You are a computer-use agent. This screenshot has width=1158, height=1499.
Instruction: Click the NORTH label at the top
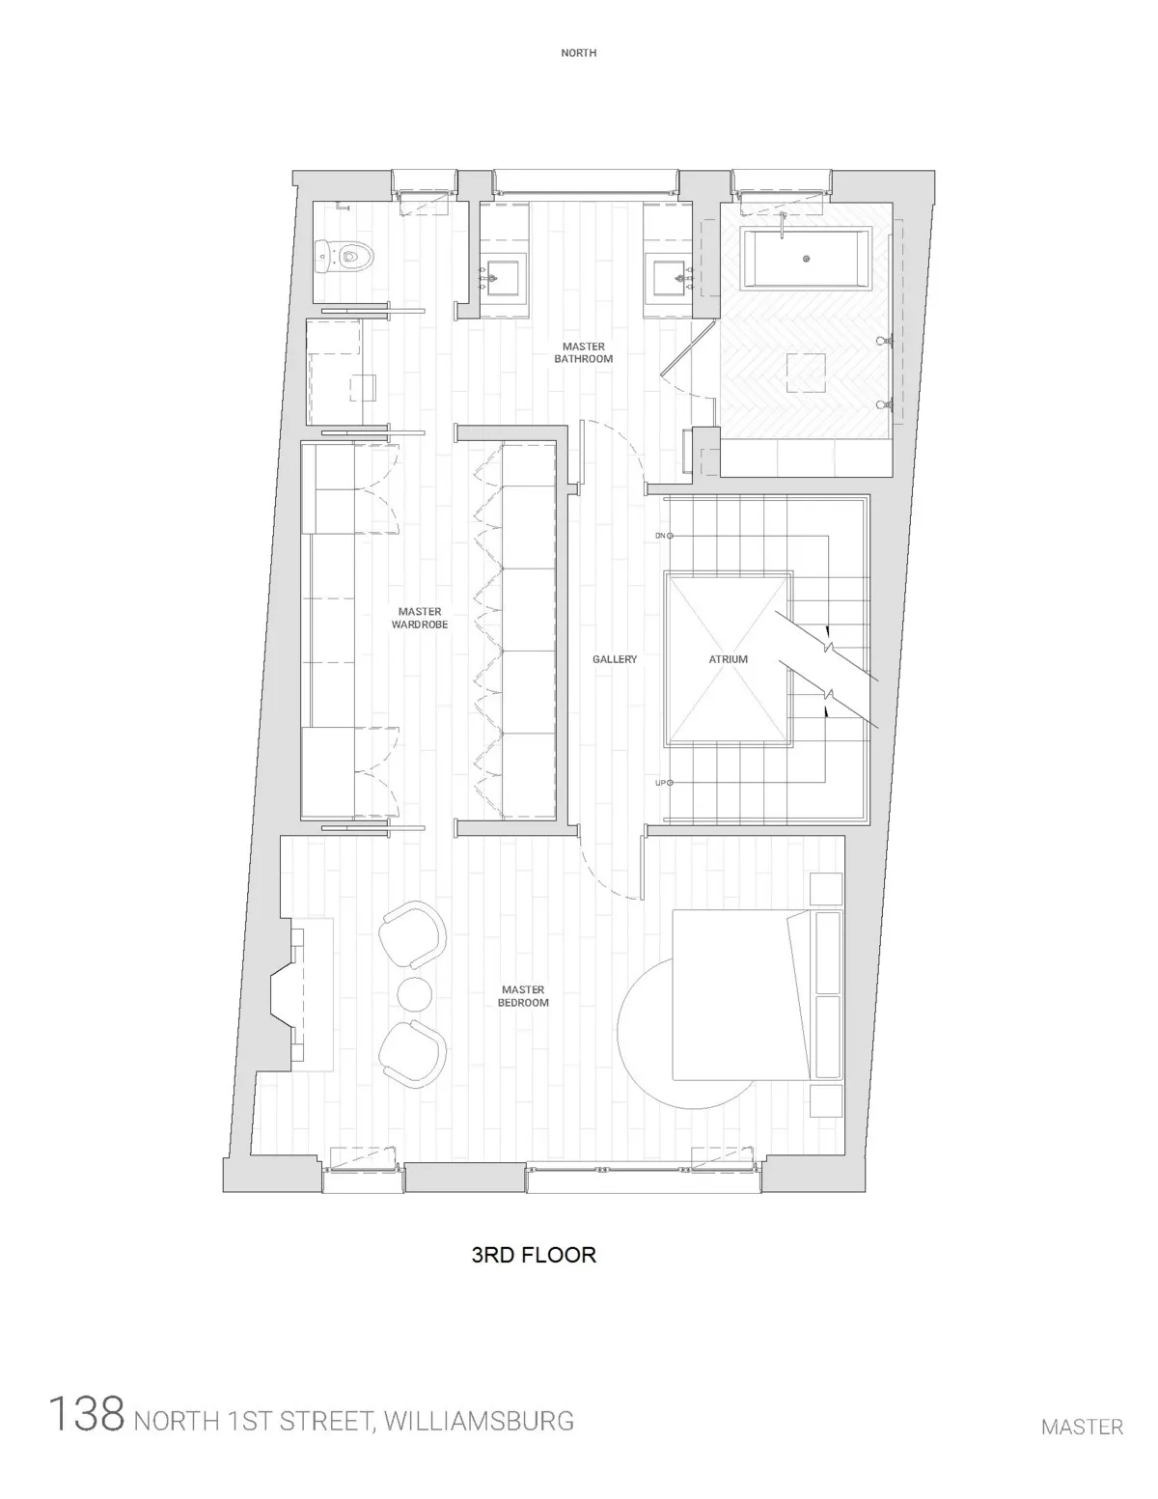(578, 53)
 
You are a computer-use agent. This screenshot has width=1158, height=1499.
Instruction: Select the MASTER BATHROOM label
(583, 352)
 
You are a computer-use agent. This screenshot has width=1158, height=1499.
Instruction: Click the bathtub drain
(807, 259)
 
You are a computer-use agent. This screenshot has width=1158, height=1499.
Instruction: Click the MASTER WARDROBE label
(419, 618)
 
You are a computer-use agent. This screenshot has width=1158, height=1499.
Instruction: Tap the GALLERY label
(615, 659)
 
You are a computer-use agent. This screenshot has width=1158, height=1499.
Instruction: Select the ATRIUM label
(729, 659)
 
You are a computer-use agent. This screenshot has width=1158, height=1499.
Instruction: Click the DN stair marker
(661, 535)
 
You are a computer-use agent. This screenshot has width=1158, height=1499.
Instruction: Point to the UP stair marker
(661, 782)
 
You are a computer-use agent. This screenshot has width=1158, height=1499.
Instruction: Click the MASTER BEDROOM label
(523, 996)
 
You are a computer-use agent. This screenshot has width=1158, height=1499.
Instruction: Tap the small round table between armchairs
(416, 995)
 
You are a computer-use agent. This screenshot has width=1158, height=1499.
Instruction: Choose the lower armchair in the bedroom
(413, 1056)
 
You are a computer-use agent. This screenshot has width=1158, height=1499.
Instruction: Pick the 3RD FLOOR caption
(533, 1255)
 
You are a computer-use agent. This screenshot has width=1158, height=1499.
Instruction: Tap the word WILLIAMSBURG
(479, 1421)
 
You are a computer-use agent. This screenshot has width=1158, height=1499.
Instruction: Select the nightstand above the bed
(826, 889)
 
